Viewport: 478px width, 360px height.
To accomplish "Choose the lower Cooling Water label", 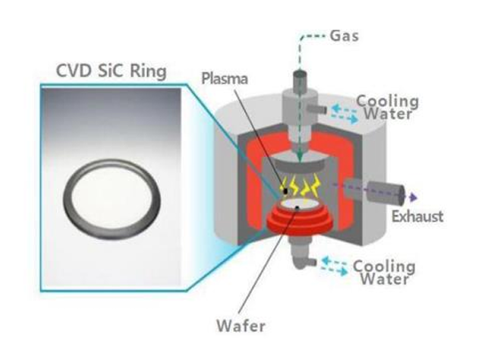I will pyautogui.click(x=385, y=270).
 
